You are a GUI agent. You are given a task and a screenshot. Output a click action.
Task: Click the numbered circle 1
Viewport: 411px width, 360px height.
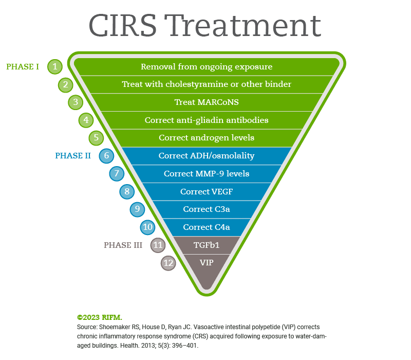(55, 67)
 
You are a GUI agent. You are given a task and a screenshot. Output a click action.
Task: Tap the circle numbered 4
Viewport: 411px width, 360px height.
(86, 120)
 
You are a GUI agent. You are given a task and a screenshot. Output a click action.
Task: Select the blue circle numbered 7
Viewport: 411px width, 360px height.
(117, 173)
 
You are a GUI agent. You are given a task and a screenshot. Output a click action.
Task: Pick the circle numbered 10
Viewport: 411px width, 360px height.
(147, 227)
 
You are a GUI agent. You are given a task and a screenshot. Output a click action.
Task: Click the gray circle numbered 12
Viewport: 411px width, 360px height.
(169, 263)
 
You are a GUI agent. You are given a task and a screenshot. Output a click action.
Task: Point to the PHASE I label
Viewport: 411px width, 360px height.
(23, 67)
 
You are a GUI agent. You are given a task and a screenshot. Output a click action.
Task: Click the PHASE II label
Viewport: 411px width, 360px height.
(73, 156)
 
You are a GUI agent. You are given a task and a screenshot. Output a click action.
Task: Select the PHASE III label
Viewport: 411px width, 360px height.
(123, 245)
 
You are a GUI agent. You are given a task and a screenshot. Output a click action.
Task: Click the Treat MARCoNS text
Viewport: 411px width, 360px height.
(207, 102)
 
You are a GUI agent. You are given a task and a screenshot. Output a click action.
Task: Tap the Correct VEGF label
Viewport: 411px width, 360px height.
(207, 191)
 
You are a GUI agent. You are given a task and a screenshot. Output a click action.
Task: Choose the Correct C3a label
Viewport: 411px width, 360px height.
(207, 209)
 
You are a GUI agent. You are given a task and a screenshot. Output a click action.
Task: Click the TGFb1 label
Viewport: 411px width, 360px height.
(207, 245)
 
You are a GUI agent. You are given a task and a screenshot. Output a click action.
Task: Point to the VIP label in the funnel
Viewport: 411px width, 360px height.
(207, 263)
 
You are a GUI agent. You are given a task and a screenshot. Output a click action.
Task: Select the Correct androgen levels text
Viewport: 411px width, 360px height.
(207, 138)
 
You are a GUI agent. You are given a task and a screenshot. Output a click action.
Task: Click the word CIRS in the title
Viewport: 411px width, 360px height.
(123, 25)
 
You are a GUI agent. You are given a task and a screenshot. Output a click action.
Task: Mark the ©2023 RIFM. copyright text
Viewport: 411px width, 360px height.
(100, 317)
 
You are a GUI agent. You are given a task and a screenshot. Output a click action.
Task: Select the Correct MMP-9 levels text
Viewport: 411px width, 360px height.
(207, 174)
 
